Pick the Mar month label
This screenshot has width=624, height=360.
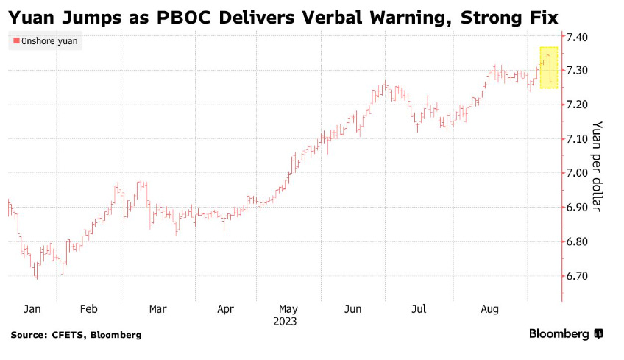pos(157,310)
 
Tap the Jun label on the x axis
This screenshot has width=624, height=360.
pos(353,310)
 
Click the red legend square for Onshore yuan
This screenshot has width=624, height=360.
pos(15,42)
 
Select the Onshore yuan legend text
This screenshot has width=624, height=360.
pos(49,42)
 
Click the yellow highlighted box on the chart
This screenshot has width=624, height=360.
pos(548,68)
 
